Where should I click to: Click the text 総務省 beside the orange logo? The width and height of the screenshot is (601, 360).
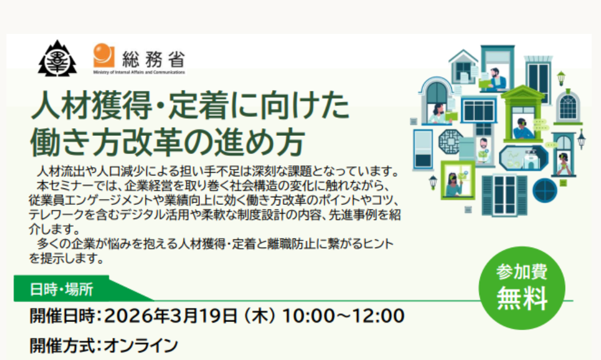153,60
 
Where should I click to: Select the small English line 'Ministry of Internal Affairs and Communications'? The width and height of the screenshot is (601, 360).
139,72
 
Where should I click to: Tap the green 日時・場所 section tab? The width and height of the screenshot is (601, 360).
61,289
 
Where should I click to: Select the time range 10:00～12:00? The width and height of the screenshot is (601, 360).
344,316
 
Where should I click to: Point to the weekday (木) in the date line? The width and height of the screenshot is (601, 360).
260,316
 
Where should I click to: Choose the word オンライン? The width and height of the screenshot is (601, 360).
141,345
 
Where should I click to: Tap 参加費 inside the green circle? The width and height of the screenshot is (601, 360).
521,272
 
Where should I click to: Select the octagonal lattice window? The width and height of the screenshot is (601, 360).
451,141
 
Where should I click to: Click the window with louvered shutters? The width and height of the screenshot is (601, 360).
504,196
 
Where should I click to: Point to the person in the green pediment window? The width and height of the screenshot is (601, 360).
523,128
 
